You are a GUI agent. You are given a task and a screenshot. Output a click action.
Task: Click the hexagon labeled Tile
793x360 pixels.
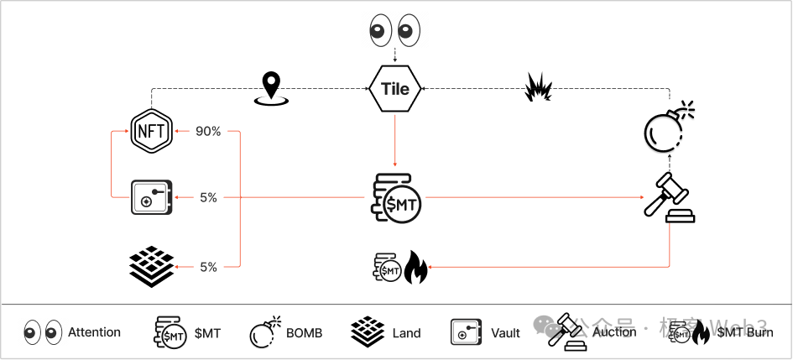[x=395, y=89]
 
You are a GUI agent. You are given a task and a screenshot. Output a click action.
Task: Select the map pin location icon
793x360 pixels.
[x=270, y=88]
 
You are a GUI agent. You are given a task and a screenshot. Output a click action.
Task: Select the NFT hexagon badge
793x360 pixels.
[x=151, y=132]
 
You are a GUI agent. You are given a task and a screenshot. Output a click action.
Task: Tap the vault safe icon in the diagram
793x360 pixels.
[x=151, y=198]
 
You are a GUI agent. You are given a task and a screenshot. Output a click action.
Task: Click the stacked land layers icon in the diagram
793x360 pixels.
[x=151, y=265]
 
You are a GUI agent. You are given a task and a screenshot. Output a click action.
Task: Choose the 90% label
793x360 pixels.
[x=208, y=132]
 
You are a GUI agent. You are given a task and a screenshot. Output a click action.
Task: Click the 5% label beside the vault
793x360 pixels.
[x=209, y=198]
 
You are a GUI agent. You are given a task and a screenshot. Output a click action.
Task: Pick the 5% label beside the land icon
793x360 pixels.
[x=209, y=267]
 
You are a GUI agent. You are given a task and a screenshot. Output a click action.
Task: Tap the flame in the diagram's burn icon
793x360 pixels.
[x=415, y=267]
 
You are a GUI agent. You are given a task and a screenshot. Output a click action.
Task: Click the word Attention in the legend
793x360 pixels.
[x=94, y=332]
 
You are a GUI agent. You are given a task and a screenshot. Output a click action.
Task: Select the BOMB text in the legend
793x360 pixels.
[x=304, y=333]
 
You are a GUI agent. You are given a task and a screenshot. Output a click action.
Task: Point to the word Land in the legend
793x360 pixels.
[x=406, y=333]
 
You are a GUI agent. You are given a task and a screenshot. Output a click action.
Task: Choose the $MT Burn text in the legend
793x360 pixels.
[x=744, y=333]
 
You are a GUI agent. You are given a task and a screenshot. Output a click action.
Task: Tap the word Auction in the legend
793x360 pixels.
[x=614, y=332]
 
